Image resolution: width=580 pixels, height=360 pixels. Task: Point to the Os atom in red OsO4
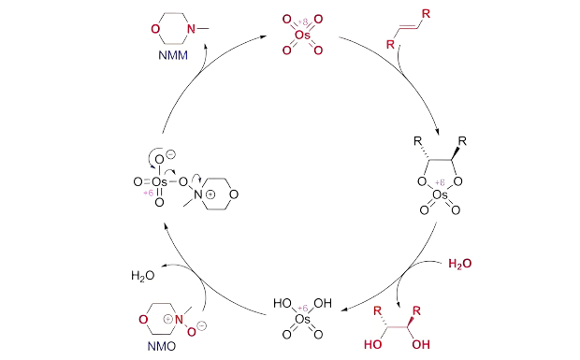point(301,35)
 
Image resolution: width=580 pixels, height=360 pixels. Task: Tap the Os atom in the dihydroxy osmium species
point(301,320)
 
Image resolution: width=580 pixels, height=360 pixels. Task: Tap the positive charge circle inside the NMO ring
point(168,318)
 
